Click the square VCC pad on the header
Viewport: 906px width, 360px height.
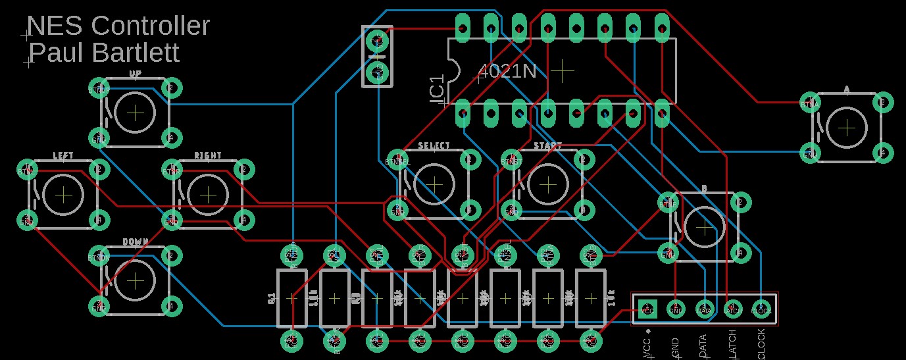point(647,308)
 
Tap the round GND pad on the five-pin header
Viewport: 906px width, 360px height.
point(676,308)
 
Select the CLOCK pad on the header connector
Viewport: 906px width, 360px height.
point(761,308)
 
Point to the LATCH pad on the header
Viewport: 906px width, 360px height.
point(732,308)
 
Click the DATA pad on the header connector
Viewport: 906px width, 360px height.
point(704,308)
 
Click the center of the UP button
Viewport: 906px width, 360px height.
point(136,113)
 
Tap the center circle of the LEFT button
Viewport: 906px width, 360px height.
point(64,195)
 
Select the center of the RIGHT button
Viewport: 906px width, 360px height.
point(208,195)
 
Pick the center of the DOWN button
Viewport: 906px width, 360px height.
point(136,281)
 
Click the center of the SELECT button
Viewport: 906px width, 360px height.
point(434,184)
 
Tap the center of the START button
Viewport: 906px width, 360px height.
point(547,184)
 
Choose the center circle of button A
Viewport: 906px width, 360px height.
point(847,128)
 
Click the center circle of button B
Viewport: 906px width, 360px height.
point(704,227)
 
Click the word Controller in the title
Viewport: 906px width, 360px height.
point(150,26)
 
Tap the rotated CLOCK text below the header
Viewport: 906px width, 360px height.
point(761,344)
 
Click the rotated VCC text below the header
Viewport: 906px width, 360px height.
point(647,347)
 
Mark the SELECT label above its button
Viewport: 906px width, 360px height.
point(434,145)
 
